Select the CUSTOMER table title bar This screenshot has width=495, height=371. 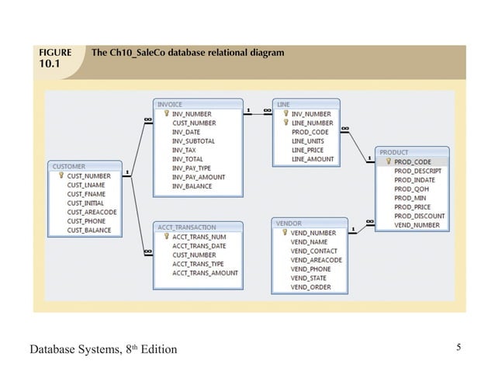[85, 166]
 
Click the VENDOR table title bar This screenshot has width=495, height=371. [306, 224]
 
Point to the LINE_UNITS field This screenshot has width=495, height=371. [308, 141]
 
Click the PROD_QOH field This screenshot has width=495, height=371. [411, 189]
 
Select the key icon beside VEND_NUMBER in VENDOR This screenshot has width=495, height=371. [284, 233]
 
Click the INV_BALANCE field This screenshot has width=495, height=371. [192, 186]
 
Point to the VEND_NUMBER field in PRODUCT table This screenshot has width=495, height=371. [417, 225]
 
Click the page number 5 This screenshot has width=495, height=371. [459, 347]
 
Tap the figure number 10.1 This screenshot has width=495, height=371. [49, 66]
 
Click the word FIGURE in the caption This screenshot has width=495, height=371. [55, 54]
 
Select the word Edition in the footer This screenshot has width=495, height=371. [158, 349]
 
